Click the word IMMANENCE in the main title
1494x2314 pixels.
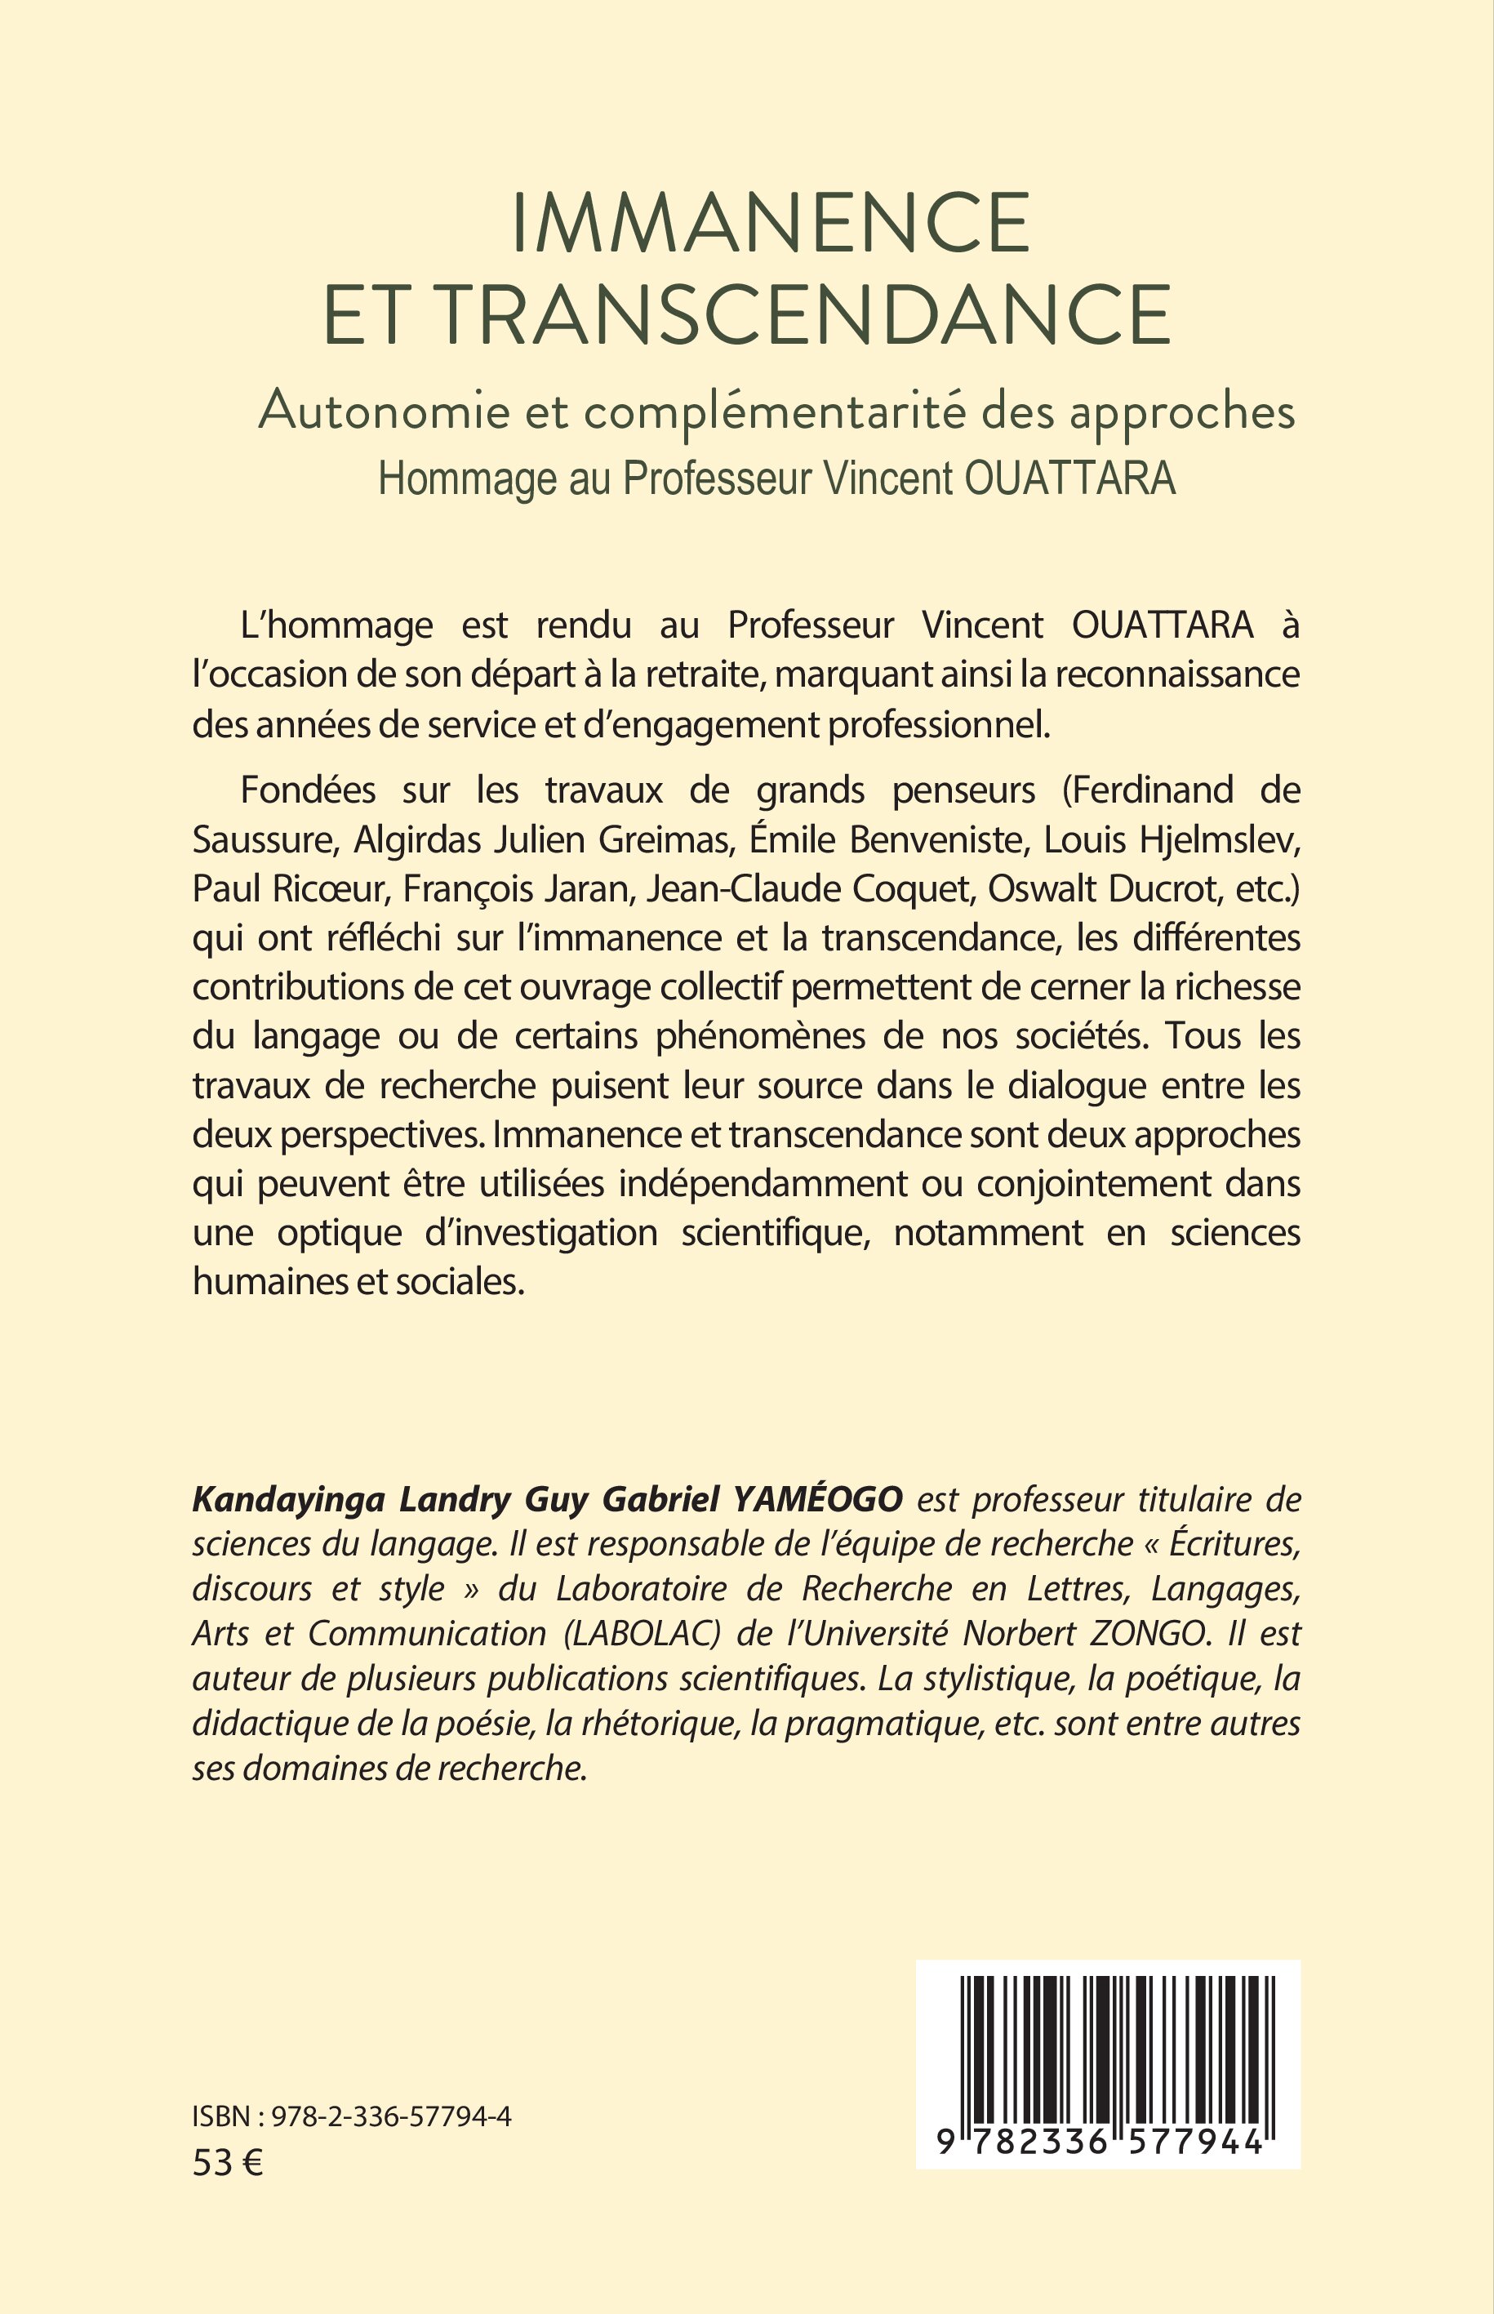(771, 223)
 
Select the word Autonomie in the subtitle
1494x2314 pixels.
(383, 412)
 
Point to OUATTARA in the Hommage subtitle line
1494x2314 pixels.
(1069, 478)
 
